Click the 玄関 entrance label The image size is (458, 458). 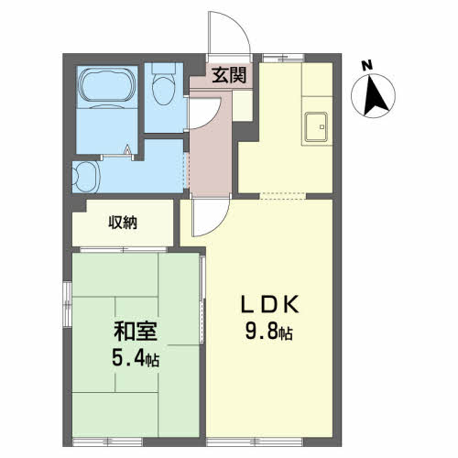tap(229, 75)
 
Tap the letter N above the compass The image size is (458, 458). tap(367, 66)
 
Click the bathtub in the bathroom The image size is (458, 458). tap(108, 84)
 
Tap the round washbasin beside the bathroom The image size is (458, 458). tap(85, 177)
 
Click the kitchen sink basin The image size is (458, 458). tap(316, 126)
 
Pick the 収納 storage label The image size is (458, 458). tap(123, 223)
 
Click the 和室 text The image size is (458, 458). tap(136, 332)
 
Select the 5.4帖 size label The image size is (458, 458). tap(136, 358)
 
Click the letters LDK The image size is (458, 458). tap(269, 305)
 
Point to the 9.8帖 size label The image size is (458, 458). tap(269, 332)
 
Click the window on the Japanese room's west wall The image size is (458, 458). tap(67, 304)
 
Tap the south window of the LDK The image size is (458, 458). tap(255, 442)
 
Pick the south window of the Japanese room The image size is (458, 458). tap(108, 442)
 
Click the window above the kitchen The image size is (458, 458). tap(284, 58)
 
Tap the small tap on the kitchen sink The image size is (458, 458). tap(322, 126)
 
